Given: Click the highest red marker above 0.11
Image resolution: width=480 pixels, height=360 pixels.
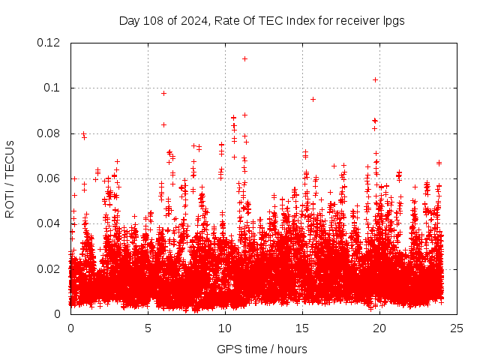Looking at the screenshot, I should tap(244, 58).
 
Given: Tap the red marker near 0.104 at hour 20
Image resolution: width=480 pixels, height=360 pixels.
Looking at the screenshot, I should tap(375, 79).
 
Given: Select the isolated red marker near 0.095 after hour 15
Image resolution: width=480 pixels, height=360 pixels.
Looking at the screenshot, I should tap(313, 99).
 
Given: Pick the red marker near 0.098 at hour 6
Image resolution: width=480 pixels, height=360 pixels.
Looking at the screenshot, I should tap(163, 93).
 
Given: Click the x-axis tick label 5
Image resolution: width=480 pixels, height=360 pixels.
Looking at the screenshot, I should tap(148, 328).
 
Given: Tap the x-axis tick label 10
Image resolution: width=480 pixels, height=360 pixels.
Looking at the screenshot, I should tap(225, 328).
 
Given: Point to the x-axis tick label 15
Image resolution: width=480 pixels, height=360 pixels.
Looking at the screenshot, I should tap(302, 328).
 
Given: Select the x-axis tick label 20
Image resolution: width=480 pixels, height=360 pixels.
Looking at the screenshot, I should tap(379, 328).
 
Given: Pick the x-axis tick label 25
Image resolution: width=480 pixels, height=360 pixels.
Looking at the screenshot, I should tap(457, 328).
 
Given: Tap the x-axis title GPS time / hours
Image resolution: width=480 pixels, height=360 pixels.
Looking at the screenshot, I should tap(262, 349).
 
